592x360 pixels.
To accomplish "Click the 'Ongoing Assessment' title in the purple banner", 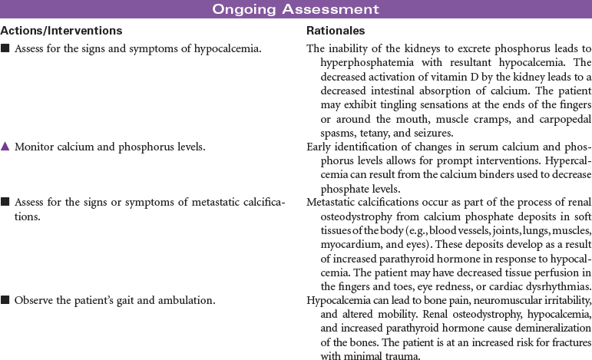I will click(296, 9).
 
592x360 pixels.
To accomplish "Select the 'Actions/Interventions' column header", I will click(61, 31).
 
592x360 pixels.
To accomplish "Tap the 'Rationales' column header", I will click(336, 31).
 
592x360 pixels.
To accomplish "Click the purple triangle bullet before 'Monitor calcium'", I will click(5, 147).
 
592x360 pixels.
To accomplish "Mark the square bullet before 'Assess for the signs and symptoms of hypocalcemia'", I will click(5, 48).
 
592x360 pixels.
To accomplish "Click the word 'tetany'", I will click(373, 131).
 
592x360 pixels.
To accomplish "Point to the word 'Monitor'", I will click(34, 147).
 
